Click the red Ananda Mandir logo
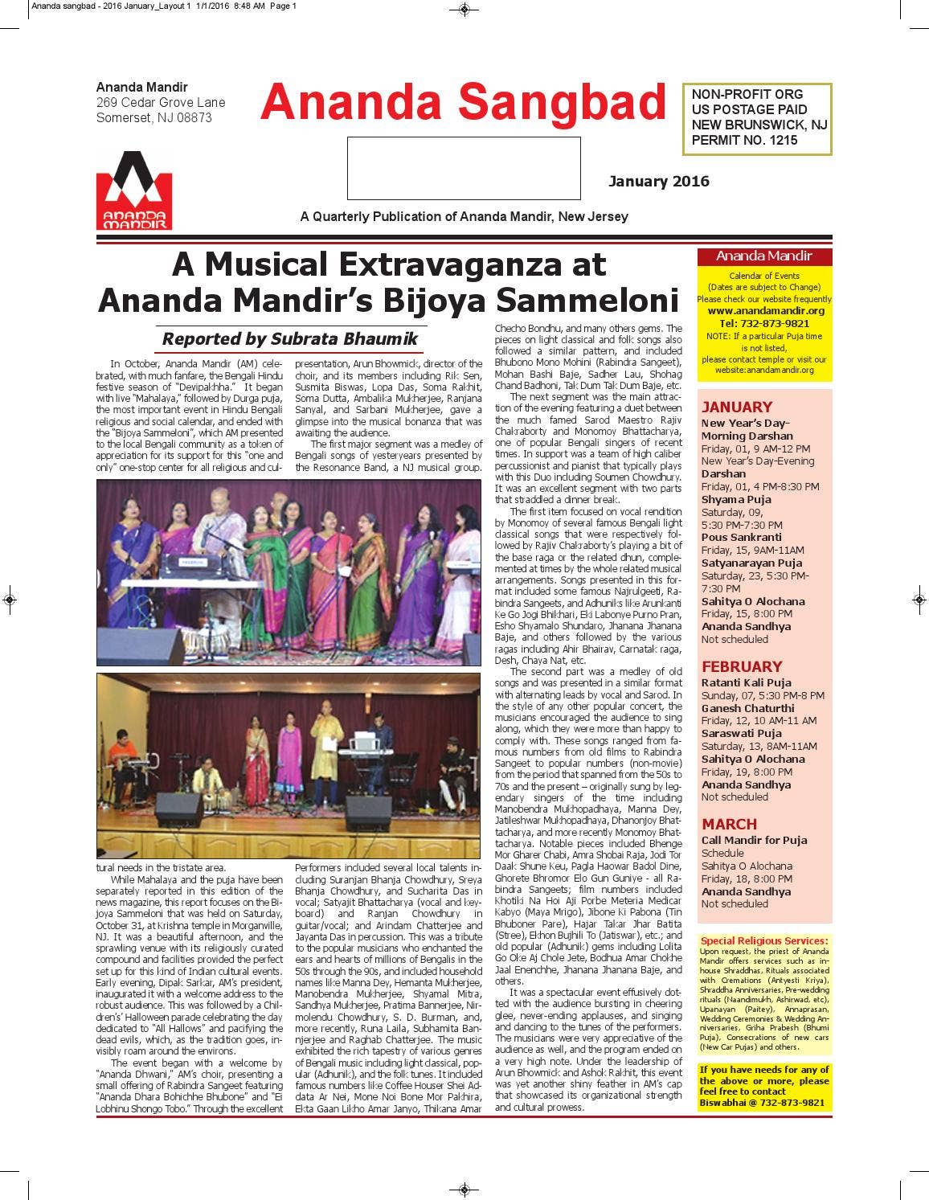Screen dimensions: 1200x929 point(134,190)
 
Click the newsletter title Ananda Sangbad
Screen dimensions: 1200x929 point(464,103)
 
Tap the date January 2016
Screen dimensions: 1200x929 point(658,181)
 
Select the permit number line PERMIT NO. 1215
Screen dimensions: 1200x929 point(744,140)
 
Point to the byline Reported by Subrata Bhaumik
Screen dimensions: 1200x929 point(290,338)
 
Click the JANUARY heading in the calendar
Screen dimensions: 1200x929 point(736,407)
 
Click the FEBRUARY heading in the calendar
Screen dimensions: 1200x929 point(741,666)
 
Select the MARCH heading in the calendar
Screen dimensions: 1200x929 point(729,824)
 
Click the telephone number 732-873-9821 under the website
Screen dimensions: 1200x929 point(763,323)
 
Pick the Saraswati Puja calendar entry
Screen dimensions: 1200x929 point(741,733)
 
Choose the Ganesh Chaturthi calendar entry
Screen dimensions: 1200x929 point(747,708)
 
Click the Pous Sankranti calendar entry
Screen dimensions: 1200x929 point(741,537)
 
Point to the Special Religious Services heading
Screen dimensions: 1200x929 point(763,940)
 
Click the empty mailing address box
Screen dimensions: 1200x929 point(464,168)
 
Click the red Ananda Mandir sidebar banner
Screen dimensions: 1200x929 point(763,256)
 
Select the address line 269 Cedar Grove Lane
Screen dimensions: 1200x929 point(161,103)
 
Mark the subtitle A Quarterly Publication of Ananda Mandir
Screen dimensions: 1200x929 point(464,216)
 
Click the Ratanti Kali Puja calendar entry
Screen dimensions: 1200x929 point(746,682)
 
